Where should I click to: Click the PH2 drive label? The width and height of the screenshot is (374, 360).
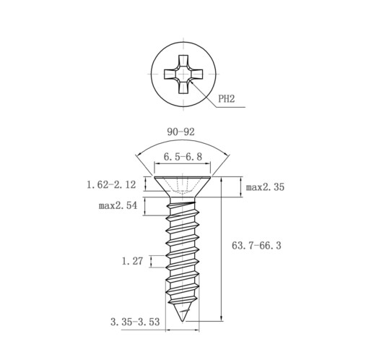[226, 98]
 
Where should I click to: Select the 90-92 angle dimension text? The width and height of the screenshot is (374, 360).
[181, 132]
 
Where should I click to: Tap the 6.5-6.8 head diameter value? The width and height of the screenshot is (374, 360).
[183, 157]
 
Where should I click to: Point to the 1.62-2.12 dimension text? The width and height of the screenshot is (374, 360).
[111, 185]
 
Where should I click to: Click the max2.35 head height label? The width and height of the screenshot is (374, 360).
[265, 187]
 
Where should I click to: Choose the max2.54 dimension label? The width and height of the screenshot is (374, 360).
[118, 205]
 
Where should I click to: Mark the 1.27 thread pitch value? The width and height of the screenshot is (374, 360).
[132, 261]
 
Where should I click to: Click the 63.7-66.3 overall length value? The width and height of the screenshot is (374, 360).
[256, 246]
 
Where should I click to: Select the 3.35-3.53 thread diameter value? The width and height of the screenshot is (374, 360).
[135, 322]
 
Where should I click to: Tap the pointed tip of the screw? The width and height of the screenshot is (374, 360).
[183, 321]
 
